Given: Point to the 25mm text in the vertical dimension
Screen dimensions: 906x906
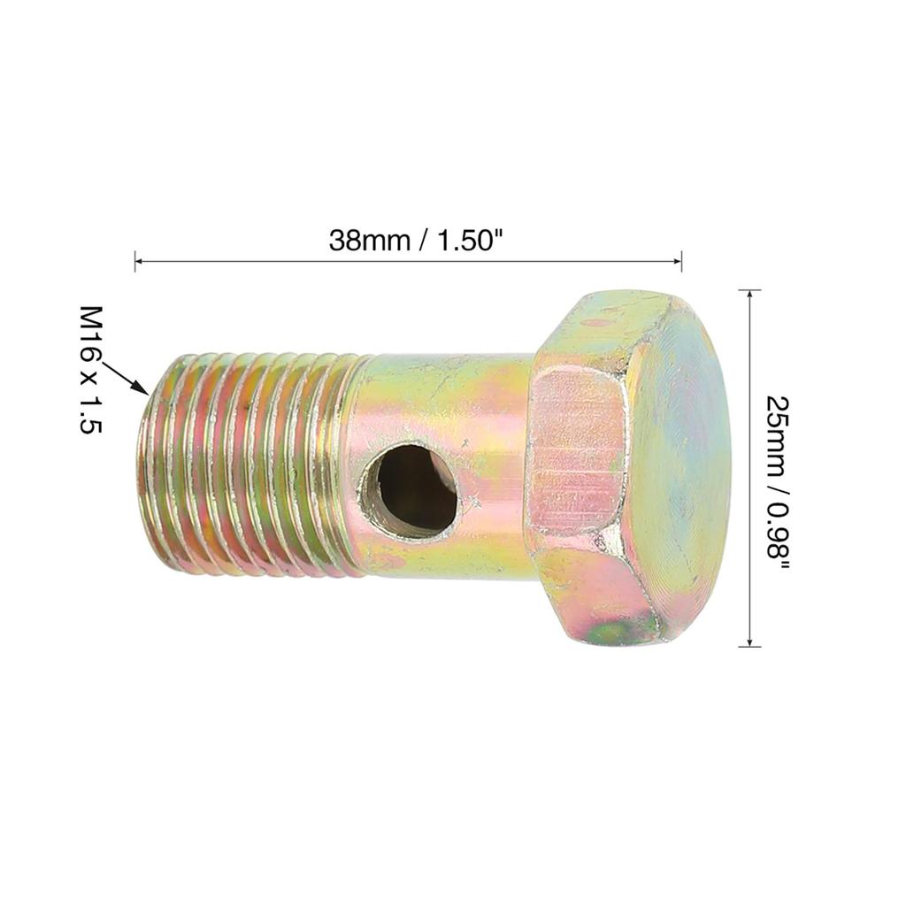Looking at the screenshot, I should (778, 426).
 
